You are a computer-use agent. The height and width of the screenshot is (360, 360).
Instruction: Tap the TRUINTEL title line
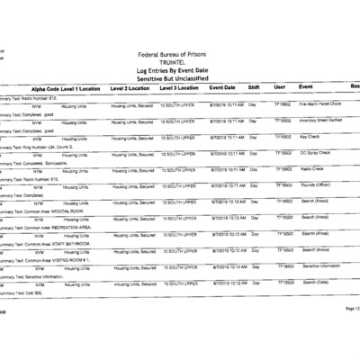pos(180,63)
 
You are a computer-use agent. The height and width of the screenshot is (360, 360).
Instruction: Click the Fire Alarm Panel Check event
pos(322,103)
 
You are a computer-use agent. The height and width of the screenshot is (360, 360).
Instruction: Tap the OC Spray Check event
pos(317,153)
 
